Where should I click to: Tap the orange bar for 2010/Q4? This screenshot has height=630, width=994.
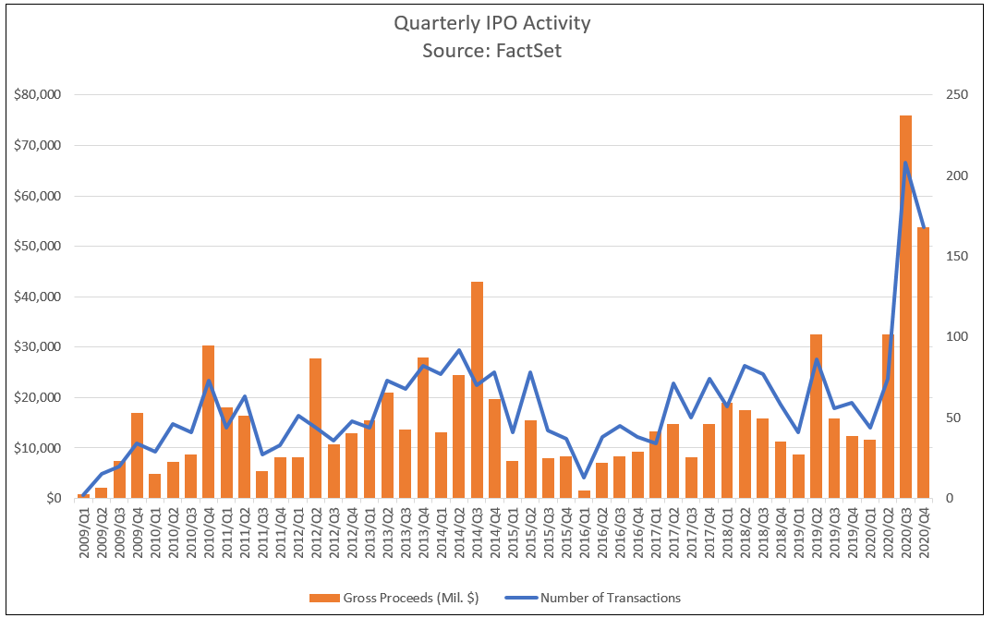point(209,421)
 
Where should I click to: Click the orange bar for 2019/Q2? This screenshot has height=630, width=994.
point(816,416)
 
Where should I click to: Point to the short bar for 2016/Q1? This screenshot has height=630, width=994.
point(584,494)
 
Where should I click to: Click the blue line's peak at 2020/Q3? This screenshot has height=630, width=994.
point(905,163)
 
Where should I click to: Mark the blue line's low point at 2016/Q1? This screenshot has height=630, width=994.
point(584,478)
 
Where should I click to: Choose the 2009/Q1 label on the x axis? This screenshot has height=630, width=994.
point(84,535)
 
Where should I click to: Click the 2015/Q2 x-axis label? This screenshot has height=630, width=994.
point(530,535)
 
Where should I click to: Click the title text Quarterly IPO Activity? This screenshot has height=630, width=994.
point(491,23)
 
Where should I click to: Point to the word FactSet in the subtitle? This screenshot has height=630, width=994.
point(528,51)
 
